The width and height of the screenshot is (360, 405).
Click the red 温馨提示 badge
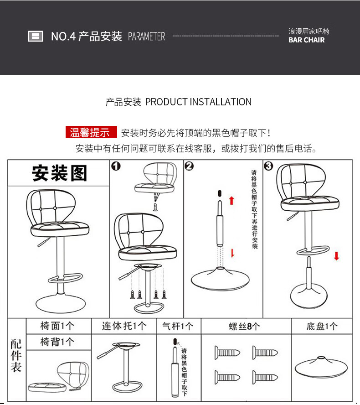point(91,133)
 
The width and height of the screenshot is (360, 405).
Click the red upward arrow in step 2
point(231,200)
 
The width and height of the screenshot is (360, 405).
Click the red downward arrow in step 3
point(336,256)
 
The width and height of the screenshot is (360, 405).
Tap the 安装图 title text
point(59,174)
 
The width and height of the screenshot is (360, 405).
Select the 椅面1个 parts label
point(57,326)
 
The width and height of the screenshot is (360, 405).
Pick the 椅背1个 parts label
point(57,342)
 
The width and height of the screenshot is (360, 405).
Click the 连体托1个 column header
point(124,326)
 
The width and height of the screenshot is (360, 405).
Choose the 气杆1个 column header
point(178,326)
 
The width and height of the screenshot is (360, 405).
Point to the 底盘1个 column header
point(322,326)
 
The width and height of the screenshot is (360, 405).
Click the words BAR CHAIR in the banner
point(307,40)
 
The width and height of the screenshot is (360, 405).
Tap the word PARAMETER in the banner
point(146,36)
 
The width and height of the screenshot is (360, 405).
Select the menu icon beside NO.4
point(36,36)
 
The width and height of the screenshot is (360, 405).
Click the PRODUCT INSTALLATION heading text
point(198,102)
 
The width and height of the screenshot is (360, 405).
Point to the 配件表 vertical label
point(16,356)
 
